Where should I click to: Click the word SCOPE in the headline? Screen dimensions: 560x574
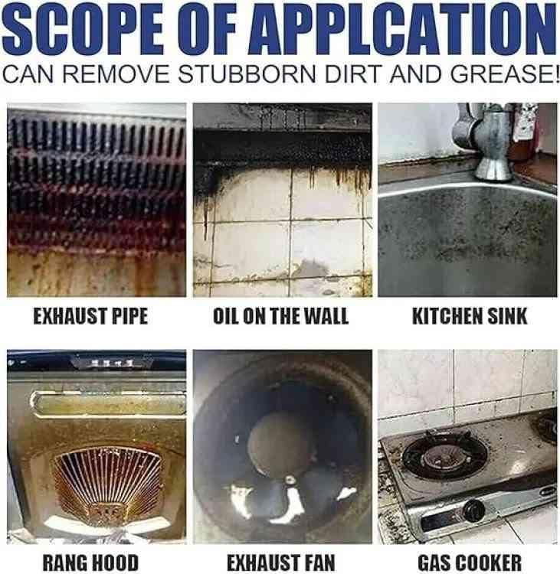tap(84, 30)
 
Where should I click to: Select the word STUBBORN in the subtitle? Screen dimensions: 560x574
tap(246, 73)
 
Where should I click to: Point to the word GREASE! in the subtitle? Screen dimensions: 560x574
tap(504, 73)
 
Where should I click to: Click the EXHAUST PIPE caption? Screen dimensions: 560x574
tap(90, 316)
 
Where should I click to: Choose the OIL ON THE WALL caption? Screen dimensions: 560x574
tap(280, 316)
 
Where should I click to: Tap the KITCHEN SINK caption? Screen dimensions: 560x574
tap(470, 316)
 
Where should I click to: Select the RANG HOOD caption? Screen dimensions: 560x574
tap(90, 563)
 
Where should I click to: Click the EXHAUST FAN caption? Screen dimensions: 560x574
tap(280, 563)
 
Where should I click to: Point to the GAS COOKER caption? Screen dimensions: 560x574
tap(470, 563)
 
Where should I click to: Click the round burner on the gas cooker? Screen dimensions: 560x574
tap(444, 456)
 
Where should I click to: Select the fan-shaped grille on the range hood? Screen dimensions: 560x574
tap(108, 483)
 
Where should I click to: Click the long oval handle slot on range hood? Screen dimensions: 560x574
tap(109, 404)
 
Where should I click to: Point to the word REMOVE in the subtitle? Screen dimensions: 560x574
tap(116, 73)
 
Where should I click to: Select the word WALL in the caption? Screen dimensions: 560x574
tap(326, 316)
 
